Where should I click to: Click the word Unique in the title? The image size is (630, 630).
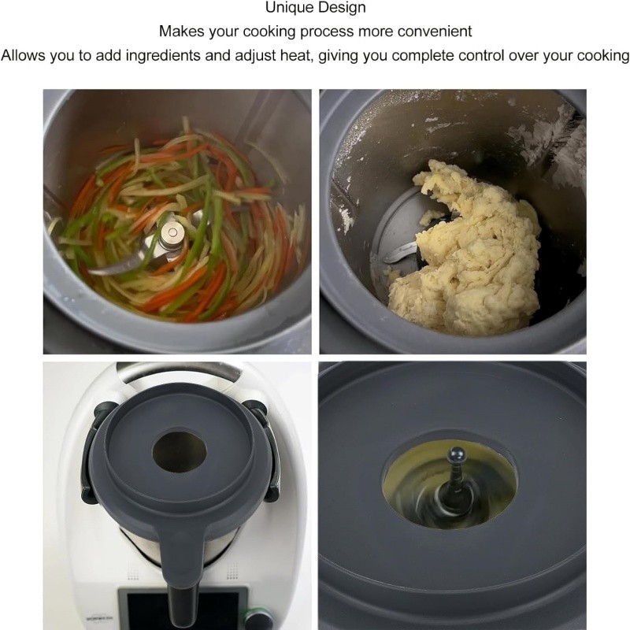coord(290,8)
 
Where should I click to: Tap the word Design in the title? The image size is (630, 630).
coord(342,8)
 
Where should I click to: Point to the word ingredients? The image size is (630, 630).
coord(163,55)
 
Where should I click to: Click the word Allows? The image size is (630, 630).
coord(24,55)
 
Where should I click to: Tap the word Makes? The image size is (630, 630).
coord(182,31)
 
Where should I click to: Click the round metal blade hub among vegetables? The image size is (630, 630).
coord(172,235)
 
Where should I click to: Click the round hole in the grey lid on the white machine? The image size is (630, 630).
coord(180,451)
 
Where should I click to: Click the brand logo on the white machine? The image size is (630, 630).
coord(95,618)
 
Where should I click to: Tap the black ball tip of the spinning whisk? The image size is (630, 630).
coord(457,455)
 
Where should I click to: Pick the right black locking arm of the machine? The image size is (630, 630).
coord(265,450)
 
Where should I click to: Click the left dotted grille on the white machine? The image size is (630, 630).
coord(133,569)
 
